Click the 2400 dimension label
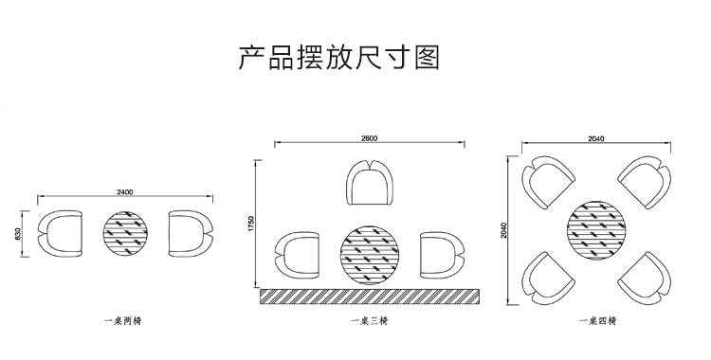point(124,192)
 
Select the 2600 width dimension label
point(369,138)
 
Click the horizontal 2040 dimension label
point(596,138)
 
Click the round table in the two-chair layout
point(125,233)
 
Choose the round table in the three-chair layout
point(371,254)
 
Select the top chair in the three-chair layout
point(370,183)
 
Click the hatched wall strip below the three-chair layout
point(370,297)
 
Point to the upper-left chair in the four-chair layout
point(549,182)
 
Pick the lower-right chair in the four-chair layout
point(645,276)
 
